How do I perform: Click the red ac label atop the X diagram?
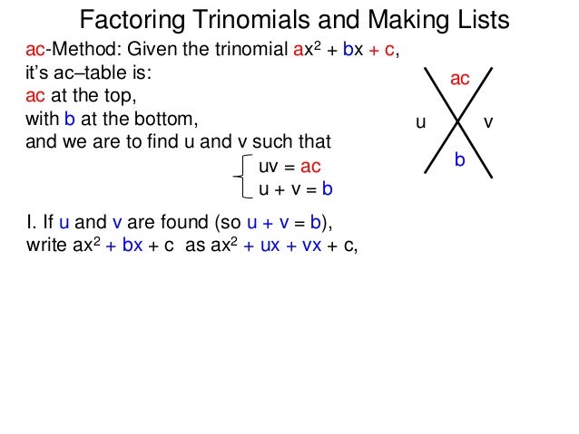coord(460,80)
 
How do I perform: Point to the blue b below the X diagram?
coord(459,159)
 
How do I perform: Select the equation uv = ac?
coord(289,168)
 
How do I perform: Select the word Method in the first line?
coord(72,51)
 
